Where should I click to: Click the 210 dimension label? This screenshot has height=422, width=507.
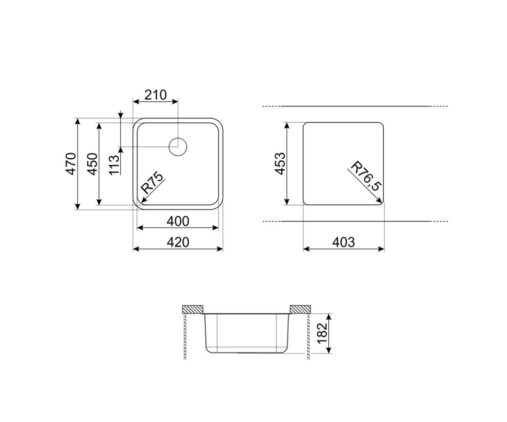pos(155,95)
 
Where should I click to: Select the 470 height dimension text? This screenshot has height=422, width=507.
pos(71,164)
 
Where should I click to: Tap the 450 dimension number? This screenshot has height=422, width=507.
pos(93,164)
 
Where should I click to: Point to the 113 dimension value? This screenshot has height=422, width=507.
pos(114,165)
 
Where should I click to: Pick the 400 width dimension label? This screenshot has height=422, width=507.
pos(178,221)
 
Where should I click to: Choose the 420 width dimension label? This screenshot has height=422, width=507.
pos(178,242)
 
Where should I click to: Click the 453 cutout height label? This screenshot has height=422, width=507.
pos(280,163)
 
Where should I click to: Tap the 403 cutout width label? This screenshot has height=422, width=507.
pos(343,242)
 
